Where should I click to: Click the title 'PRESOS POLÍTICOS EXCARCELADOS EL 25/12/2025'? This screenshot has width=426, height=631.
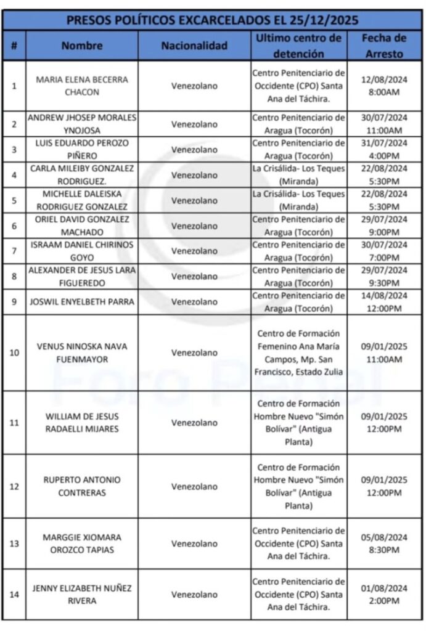click(x=213, y=20)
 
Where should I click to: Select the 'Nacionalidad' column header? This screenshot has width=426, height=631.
click(x=194, y=46)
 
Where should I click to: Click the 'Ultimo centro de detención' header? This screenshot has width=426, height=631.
click(x=298, y=46)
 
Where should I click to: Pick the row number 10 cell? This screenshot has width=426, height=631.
click(x=14, y=352)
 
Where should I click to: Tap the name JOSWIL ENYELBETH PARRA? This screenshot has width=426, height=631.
click(x=83, y=302)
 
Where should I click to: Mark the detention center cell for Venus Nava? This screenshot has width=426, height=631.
click(x=298, y=352)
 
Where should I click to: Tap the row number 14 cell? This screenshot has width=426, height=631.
click(x=14, y=595)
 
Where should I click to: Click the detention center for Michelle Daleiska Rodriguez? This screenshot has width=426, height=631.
click(x=298, y=201)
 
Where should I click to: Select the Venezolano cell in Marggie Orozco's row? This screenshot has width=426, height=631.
click(x=194, y=543)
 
